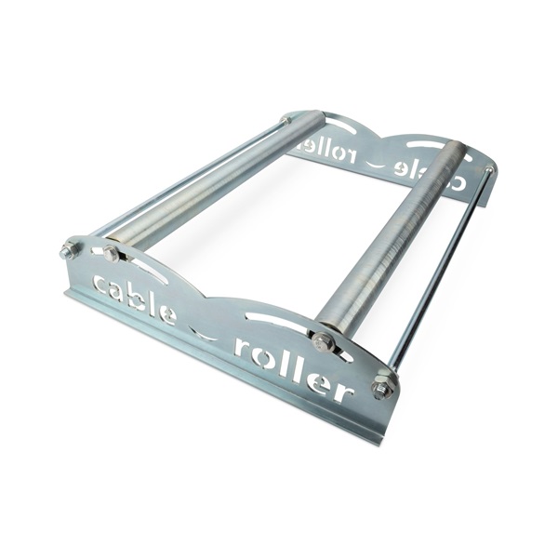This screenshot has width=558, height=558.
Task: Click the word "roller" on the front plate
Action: coord(293,365)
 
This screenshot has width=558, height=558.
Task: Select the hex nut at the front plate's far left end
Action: coord(68,250)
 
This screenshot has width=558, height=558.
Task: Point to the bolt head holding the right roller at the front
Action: coord(324,341)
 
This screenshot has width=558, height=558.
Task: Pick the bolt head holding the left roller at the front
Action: coord(111,253)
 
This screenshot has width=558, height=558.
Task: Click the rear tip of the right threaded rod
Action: coord(488,169)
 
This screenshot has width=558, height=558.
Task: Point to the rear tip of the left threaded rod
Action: coord(286,121)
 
